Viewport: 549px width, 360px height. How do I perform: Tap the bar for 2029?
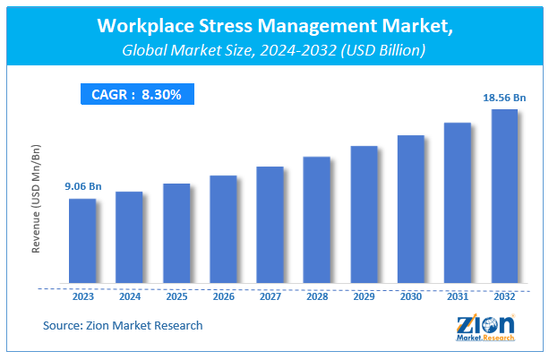pyautogui.click(x=364, y=215)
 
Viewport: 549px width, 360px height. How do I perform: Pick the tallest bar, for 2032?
pyautogui.click(x=504, y=197)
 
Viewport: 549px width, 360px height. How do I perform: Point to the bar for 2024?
pyautogui.click(x=129, y=238)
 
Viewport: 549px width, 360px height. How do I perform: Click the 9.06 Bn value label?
pyautogui.click(x=81, y=186)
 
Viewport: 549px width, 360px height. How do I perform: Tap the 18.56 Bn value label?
pyautogui.click(x=503, y=97)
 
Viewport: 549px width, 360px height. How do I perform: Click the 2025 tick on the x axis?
pyautogui.click(x=176, y=297)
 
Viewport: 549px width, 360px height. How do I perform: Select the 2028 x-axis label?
pyautogui.click(x=317, y=297)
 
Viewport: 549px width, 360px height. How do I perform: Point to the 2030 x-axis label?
pyautogui.click(x=410, y=297)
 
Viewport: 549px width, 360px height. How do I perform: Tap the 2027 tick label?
pyautogui.click(x=270, y=297)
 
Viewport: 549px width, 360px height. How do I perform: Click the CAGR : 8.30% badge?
pyautogui.click(x=136, y=94)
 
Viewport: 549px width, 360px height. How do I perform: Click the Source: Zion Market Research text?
pyautogui.click(x=122, y=325)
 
